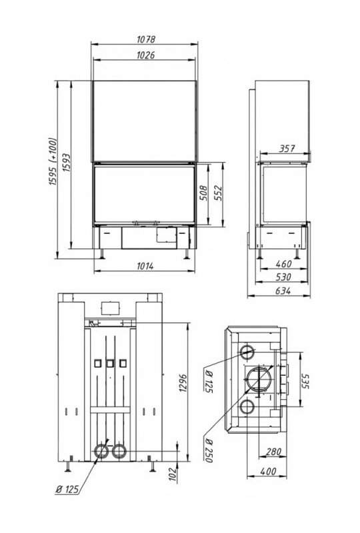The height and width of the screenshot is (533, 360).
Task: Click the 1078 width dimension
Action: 146,39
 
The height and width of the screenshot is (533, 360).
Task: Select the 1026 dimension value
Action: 145,55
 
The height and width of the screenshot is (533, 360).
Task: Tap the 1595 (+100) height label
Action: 53,161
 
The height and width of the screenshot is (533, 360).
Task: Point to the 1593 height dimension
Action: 67,163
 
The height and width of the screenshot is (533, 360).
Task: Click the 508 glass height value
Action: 203,193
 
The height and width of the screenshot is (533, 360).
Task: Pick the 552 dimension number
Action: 218,193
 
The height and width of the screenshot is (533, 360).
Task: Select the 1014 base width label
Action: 145,266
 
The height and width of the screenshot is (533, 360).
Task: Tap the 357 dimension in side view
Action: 287,149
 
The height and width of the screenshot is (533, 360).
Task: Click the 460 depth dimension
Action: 283,263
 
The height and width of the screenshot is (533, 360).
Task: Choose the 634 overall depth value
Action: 283,291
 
